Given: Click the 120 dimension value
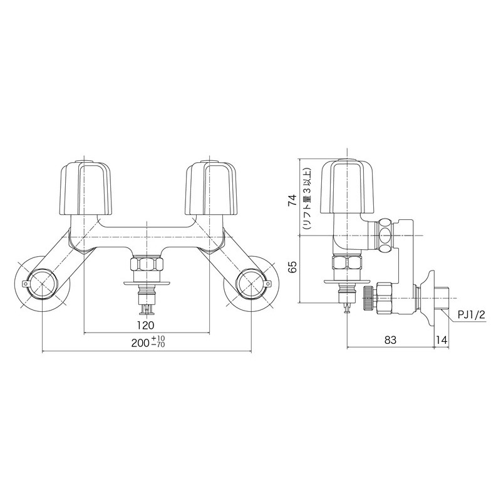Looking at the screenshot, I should (145, 324).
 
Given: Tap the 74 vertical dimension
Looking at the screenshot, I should (291, 200).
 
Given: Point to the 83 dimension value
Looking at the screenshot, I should (390, 340).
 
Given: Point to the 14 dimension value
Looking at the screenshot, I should (442, 340).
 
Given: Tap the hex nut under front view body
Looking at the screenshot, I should (145, 263).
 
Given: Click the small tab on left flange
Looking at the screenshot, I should (24, 285).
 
